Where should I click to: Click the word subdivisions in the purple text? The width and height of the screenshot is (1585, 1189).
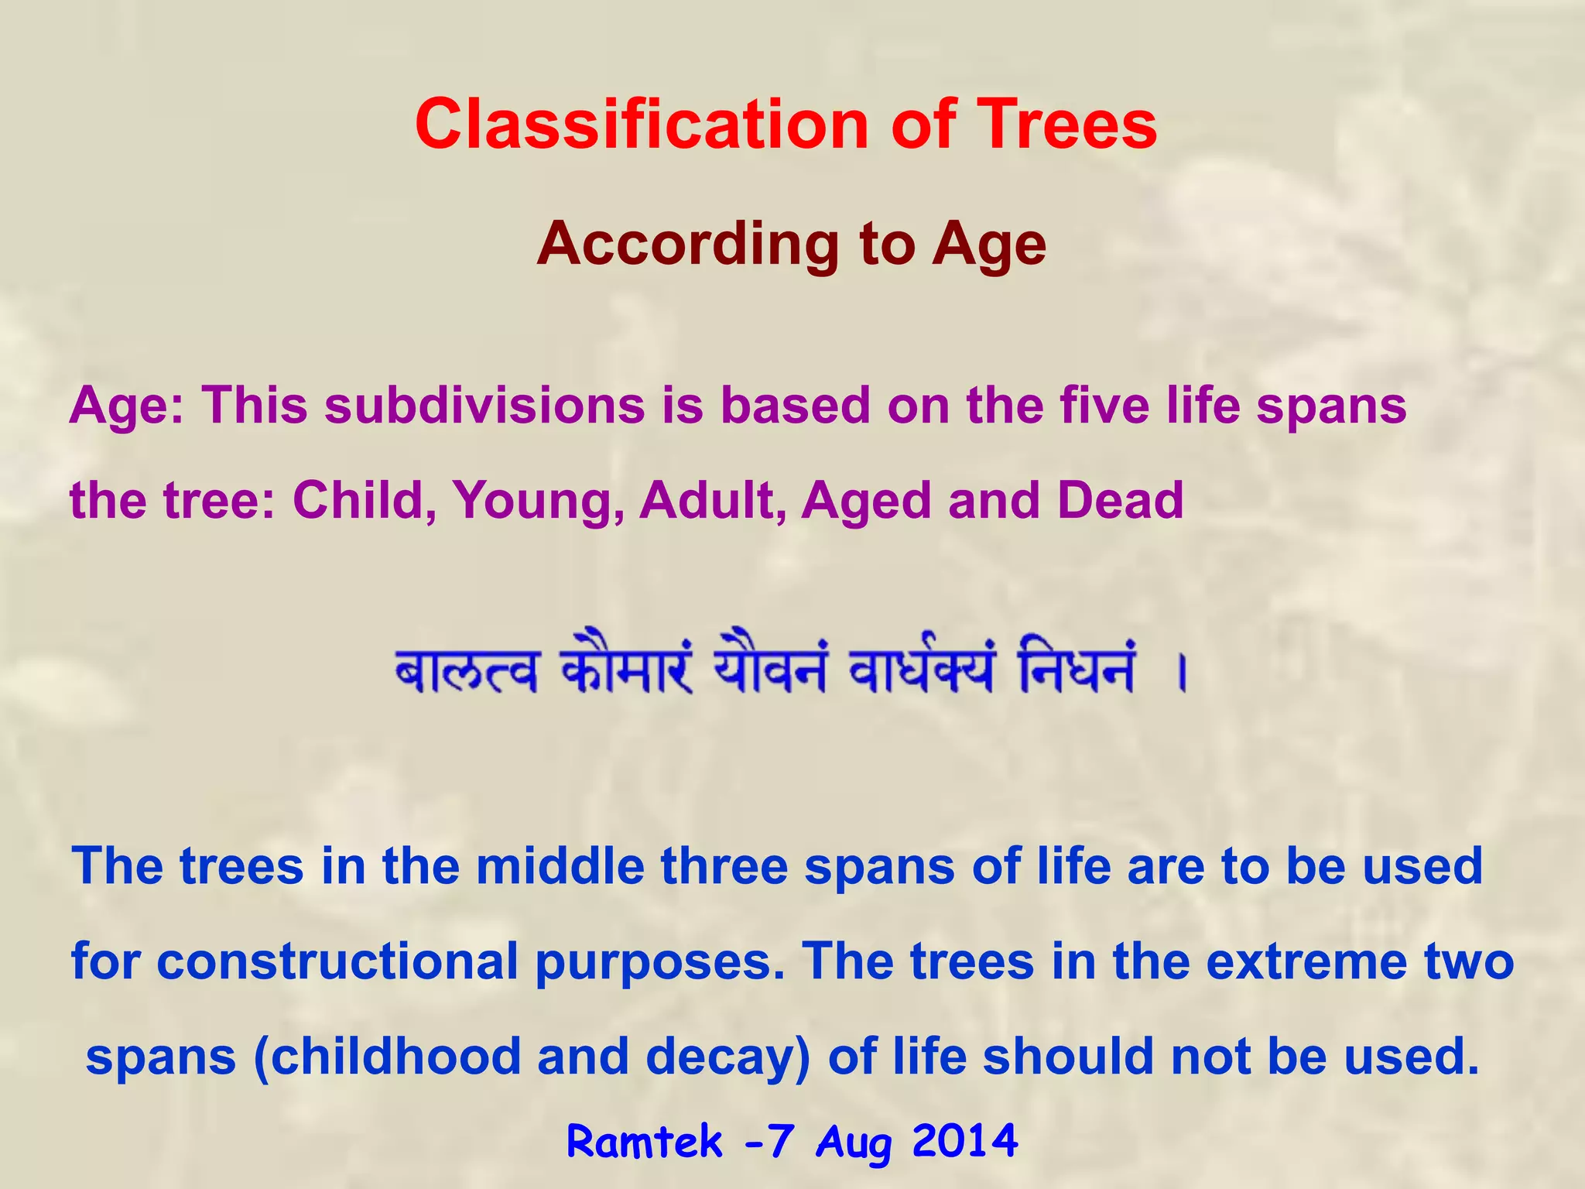[x=484, y=406]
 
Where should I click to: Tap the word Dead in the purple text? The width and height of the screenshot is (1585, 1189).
[x=1120, y=501]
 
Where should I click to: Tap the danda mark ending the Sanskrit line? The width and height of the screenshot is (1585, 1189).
[x=1181, y=673]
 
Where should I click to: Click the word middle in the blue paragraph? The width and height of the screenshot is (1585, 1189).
[x=560, y=866]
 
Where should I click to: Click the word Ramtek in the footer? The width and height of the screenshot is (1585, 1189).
[x=645, y=1143]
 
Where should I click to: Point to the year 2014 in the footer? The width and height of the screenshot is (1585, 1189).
[x=964, y=1141]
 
